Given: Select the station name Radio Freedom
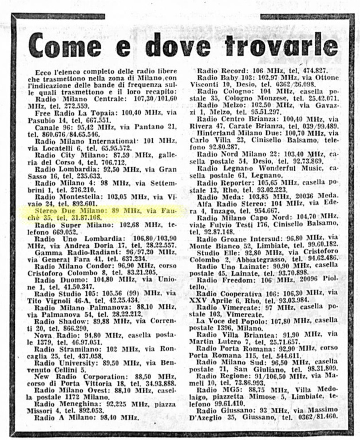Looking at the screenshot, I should (223, 280).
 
